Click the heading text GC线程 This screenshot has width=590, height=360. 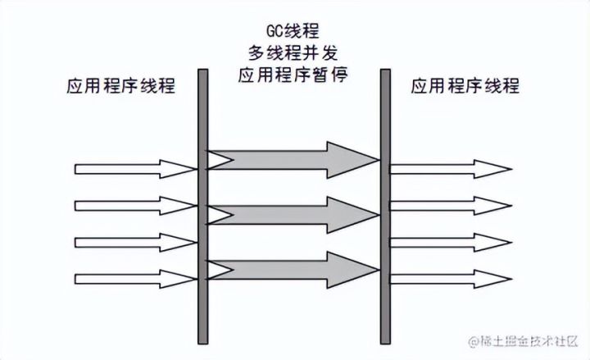pyautogui.click(x=293, y=32)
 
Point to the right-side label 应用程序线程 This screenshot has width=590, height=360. pyautogui.click(x=465, y=87)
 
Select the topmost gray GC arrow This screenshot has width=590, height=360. pyautogui.click(x=287, y=159)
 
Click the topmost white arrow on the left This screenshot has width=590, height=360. pyautogui.click(x=135, y=169)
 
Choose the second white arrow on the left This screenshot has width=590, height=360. pyautogui.click(x=135, y=205)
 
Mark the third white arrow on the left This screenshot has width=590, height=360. pyautogui.click(x=135, y=242)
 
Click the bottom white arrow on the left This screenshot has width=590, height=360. pyautogui.click(x=135, y=278)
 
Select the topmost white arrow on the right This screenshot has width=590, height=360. pyautogui.click(x=449, y=169)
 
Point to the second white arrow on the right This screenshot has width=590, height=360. pyautogui.click(x=449, y=205)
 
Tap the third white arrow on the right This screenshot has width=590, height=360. pyautogui.click(x=449, y=242)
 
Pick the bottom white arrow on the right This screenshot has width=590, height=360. pyautogui.click(x=449, y=278)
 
